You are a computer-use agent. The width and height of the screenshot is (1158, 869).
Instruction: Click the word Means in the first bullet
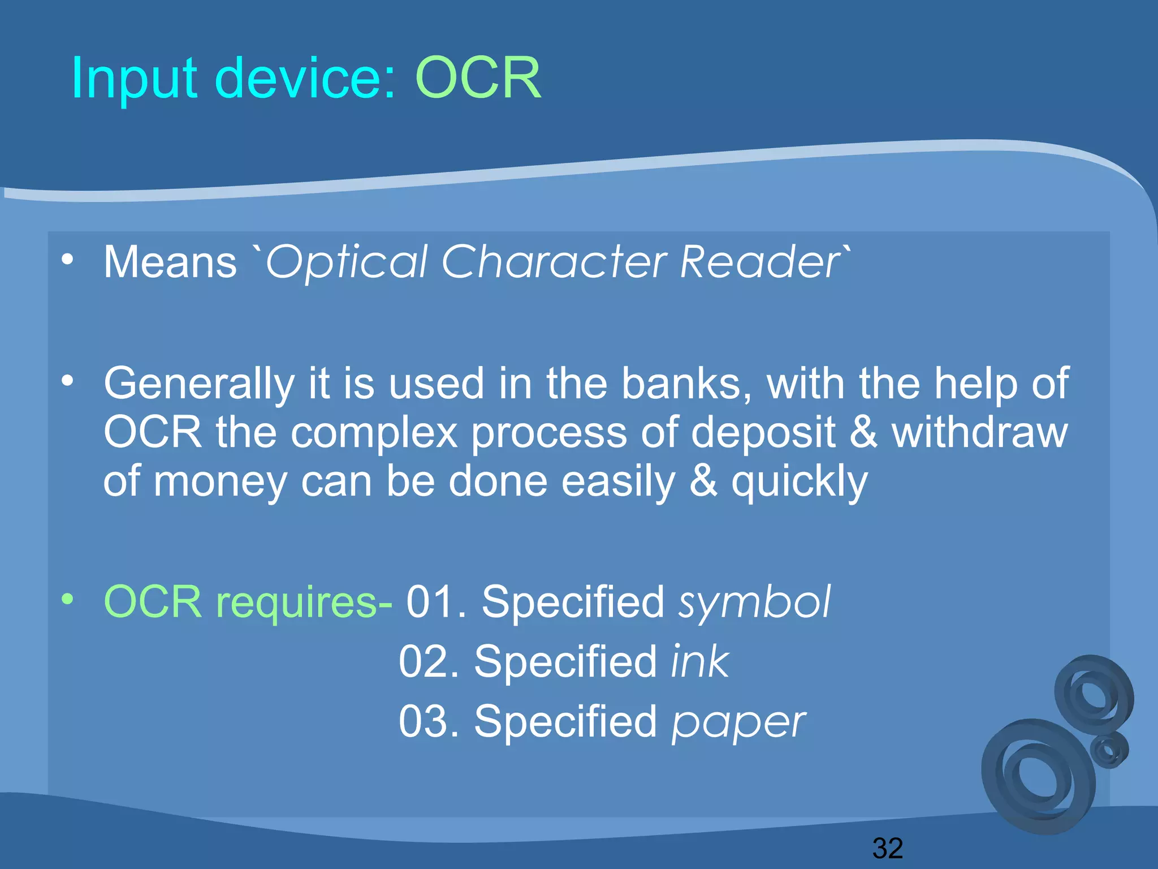[170, 263]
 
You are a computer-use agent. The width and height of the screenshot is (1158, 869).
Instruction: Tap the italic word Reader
[761, 263]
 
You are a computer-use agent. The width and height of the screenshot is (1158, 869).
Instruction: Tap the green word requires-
[304, 602]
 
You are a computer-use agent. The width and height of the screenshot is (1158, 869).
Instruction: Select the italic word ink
[700, 661]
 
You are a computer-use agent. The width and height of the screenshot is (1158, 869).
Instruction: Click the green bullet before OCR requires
[68, 599]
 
